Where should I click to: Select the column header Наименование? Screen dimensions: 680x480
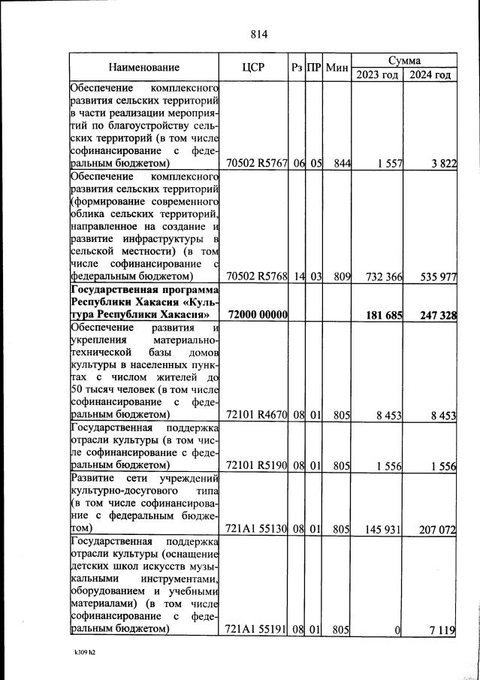[x=143, y=68]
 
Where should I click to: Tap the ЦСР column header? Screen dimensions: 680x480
[x=255, y=68]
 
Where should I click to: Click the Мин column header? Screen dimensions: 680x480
[x=338, y=68]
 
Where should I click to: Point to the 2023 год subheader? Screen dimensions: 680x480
[x=378, y=75]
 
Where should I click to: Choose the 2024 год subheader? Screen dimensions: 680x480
[x=430, y=75]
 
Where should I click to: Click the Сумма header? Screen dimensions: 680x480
[x=404, y=60]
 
